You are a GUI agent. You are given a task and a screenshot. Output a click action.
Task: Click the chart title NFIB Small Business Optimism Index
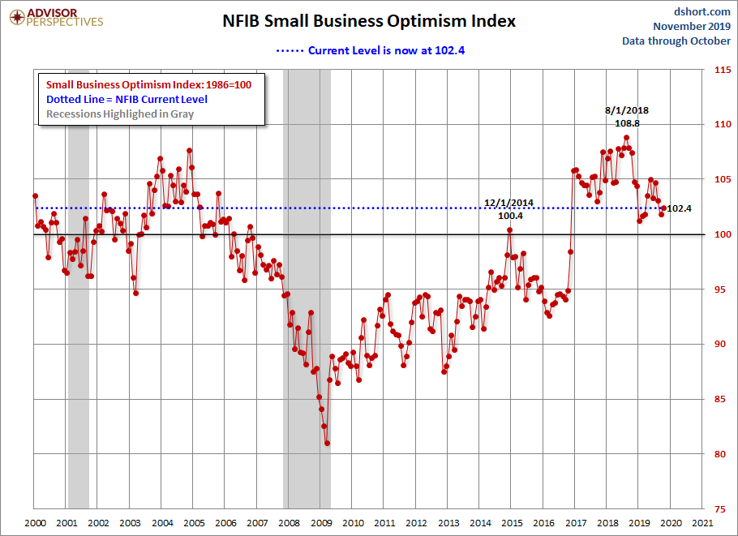369,21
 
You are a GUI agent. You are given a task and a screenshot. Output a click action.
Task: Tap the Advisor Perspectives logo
54,17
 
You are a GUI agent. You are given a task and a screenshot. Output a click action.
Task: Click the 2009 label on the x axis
321,524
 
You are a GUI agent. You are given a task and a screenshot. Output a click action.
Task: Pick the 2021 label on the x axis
702,524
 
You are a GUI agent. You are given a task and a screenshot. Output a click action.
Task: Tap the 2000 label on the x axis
34,524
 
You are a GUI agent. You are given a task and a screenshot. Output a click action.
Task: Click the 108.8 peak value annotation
627,124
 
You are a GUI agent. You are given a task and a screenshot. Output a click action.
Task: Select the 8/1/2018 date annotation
627,110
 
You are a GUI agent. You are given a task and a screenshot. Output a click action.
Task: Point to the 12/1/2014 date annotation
509,203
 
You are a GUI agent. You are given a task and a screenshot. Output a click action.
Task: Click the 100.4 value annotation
509,216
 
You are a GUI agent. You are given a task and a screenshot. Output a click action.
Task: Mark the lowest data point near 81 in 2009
327,443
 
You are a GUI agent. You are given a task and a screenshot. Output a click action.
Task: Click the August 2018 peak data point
626,138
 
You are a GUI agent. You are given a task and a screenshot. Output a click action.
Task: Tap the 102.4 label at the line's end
680,208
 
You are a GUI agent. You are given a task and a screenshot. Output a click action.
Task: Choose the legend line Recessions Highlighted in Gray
120,114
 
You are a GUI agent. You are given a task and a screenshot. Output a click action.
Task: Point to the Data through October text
676,41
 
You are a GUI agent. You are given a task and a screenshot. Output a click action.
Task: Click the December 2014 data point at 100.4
510,229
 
